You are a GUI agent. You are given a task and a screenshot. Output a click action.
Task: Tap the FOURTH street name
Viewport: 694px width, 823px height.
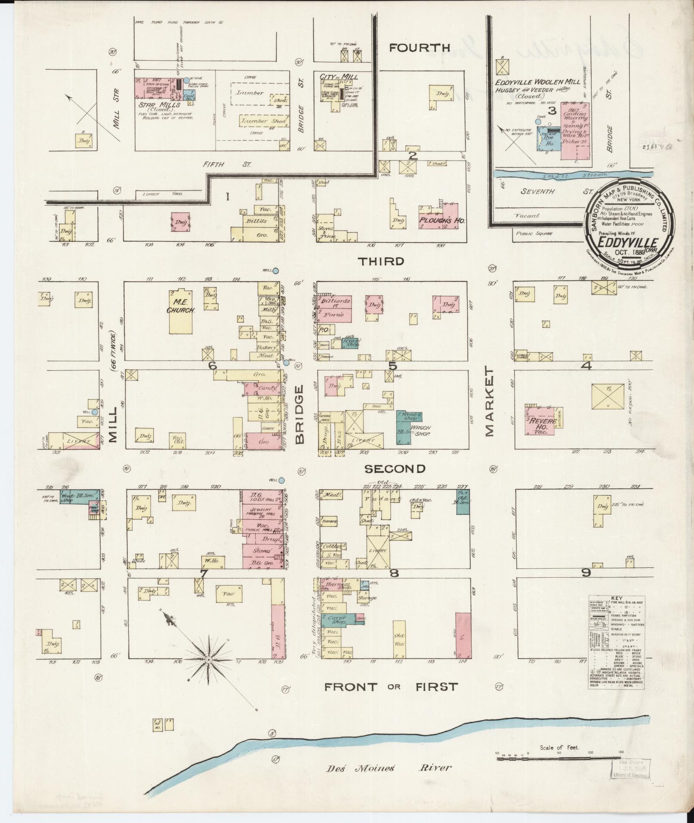pyautogui.click(x=419, y=48)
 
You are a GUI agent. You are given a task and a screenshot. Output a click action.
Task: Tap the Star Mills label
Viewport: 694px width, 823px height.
pyautogui.click(x=156, y=105)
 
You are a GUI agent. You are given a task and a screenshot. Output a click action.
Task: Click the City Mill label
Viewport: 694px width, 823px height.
pyautogui.click(x=339, y=77)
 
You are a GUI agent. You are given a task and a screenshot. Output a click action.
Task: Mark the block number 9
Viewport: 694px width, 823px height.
pyautogui.click(x=586, y=573)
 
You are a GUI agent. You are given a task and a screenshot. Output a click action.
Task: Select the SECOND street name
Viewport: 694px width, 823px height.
pyautogui.click(x=395, y=469)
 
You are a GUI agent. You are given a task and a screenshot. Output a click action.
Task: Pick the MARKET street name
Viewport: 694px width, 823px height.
pyautogui.click(x=490, y=401)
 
